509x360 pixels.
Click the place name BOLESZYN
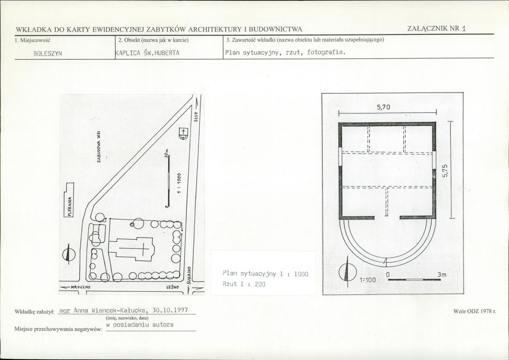[x=48, y=53]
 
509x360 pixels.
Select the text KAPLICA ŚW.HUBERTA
[x=148, y=53]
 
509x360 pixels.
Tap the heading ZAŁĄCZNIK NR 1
[x=437, y=28]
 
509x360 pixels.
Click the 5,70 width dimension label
[x=383, y=107]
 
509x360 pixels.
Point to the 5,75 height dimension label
[x=445, y=171]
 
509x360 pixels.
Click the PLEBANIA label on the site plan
[x=70, y=206]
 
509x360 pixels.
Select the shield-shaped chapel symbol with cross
[x=184, y=133]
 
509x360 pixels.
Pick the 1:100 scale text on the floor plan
[x=368, y=280]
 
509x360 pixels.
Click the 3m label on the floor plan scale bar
[x=442, y=275]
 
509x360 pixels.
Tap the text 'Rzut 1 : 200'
[x=244, y=284]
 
